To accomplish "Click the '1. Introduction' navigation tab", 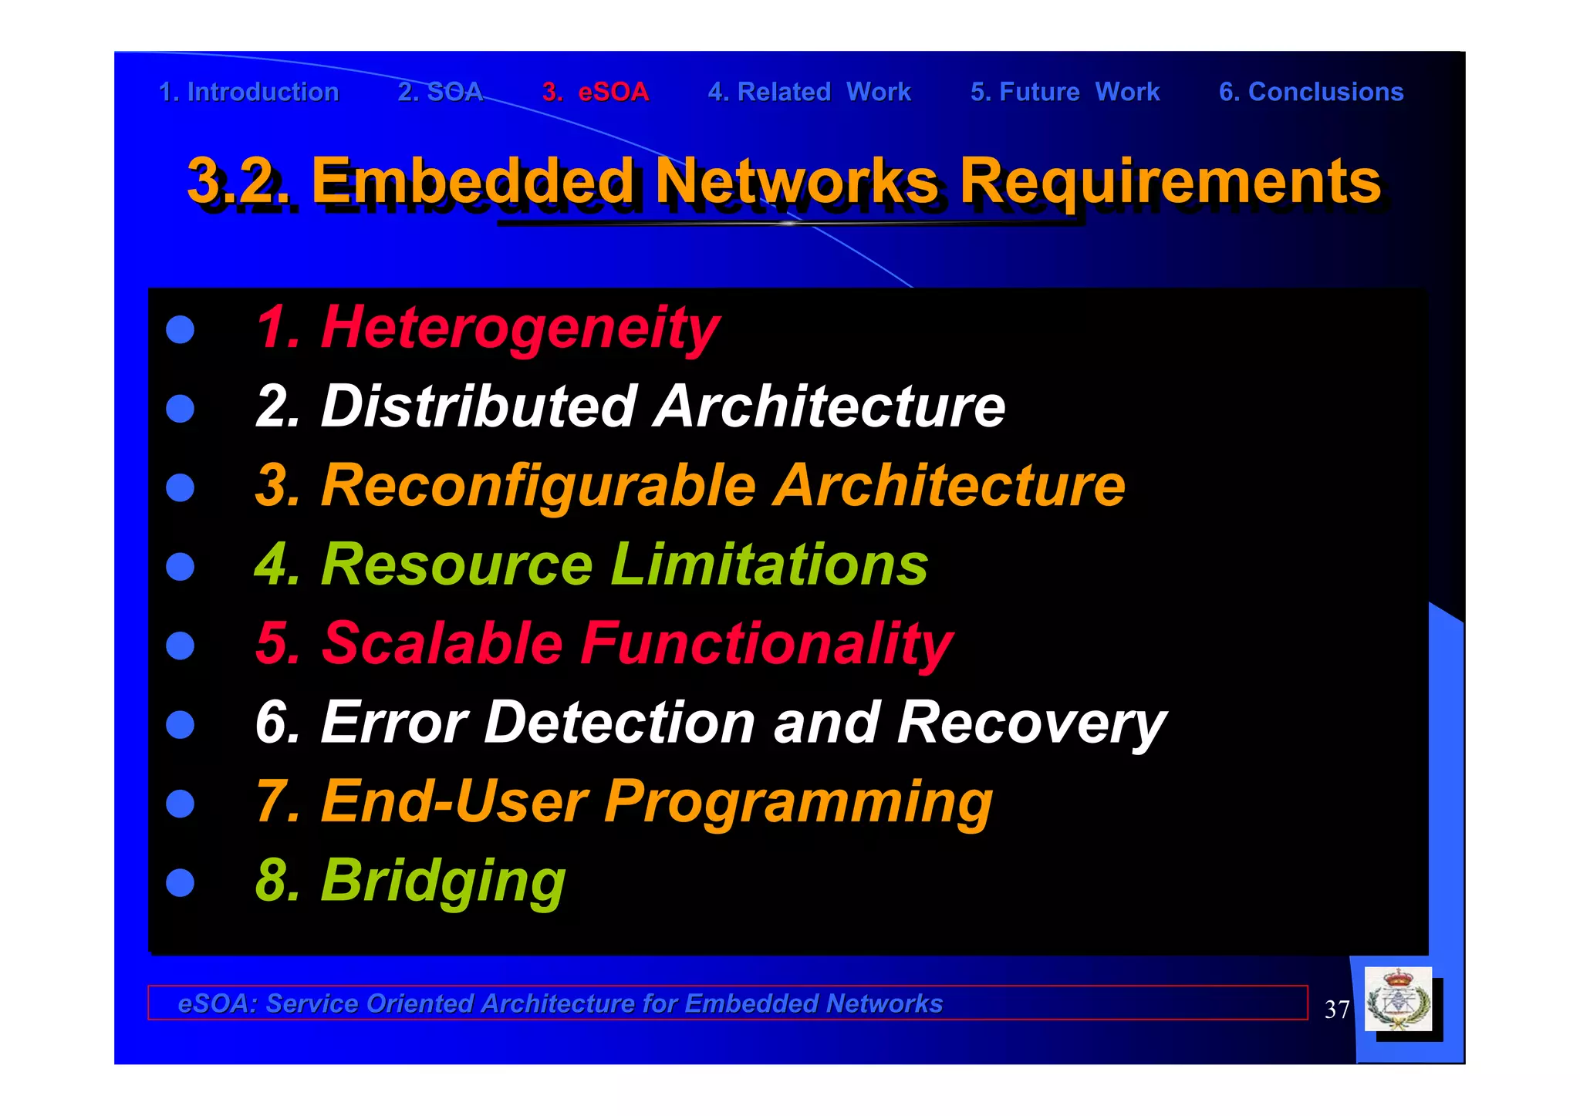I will coord(248,92).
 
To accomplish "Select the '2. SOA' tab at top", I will coord(441,92).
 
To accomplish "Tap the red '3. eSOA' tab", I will coord(596,92).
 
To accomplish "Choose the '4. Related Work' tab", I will coord(809,92).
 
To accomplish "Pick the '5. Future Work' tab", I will coord(1065,92).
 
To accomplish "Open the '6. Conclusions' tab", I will coord(1311,92).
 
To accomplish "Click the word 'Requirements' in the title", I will coord(1170,181).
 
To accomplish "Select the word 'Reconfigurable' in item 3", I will coord(538,486).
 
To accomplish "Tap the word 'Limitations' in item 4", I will coord(769,565).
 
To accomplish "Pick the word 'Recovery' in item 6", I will coord(1031,723).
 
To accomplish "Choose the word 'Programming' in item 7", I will coord(798,802).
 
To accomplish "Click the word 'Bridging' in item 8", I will coord(443,881).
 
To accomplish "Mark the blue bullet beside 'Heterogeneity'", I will coord(181,329).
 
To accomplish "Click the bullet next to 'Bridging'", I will coord(181,882).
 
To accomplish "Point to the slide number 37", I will coord(1336,1010).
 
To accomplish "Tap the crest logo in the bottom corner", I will coord(1398,1000).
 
